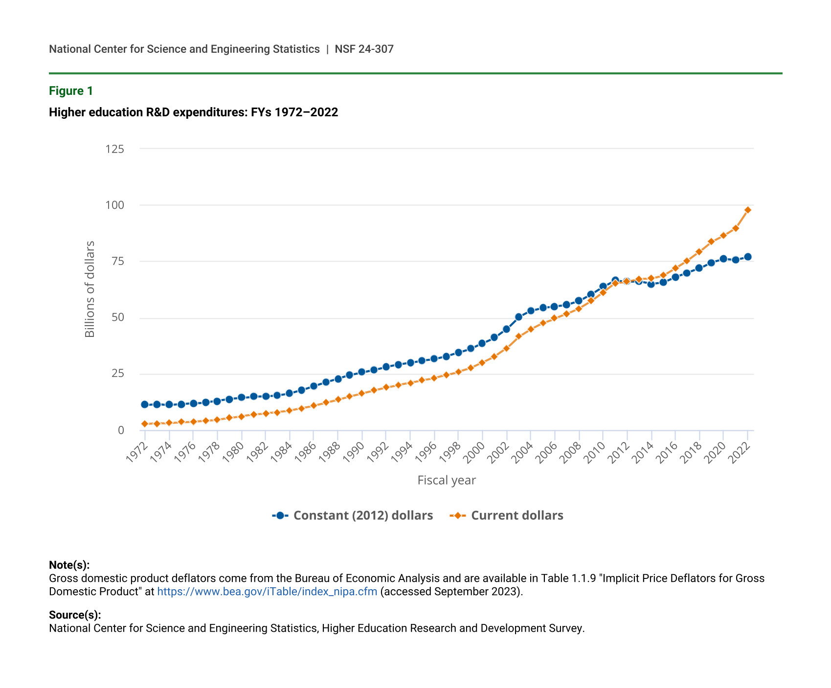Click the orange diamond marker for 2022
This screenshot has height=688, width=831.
tap(748, 210)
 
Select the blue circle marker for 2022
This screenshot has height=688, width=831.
tap(748, 257)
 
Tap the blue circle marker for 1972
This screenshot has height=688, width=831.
tap(145, 404)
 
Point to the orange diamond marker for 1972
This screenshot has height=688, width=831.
tap(145, 424)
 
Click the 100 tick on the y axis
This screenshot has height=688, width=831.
tap(115, 205)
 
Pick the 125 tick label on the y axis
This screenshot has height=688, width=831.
tap(115, 149)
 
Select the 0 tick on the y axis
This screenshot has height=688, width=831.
tap(121, 430)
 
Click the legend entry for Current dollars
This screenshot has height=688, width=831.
tap(507, 516)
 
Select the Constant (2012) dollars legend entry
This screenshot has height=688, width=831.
tap(353, 516)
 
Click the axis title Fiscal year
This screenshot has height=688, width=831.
tap(447, 481)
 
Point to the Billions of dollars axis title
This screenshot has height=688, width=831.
tap(90, 289)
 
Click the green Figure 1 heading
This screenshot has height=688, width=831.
tap(71, 91)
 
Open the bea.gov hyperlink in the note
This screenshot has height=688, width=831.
tap(267, 592)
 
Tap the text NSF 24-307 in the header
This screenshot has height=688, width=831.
tap(364, 49)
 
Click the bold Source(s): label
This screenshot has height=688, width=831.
tap(75, 615)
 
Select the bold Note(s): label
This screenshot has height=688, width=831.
tap(69, 565)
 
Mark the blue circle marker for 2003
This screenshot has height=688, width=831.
tap(518, 317)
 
